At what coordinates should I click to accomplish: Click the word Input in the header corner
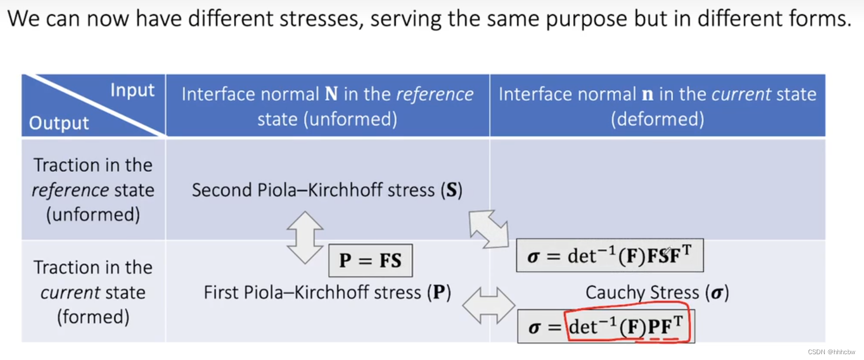[x=132, y=91]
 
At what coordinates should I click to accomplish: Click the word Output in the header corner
[x=59, y=123]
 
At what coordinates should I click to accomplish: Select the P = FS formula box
[x=370, y=261]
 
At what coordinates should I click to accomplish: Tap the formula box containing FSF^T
[x=610, y=256]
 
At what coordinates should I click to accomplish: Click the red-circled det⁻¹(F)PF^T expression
[x=629, y=327]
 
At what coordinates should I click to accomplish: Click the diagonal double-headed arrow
[x=488, y=230]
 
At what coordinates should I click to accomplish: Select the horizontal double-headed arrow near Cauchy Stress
[x=489, y=305]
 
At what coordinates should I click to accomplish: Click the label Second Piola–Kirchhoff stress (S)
[x=327, y=190]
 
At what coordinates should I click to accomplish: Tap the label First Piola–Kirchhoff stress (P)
[x=327, y=292]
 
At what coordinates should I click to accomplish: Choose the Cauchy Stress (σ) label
[x=657, y=292]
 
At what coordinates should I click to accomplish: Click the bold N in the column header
[x=331, y=95]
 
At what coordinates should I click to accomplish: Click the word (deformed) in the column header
[x=657, y=119]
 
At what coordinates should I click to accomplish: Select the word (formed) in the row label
[x=93, y=317]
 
